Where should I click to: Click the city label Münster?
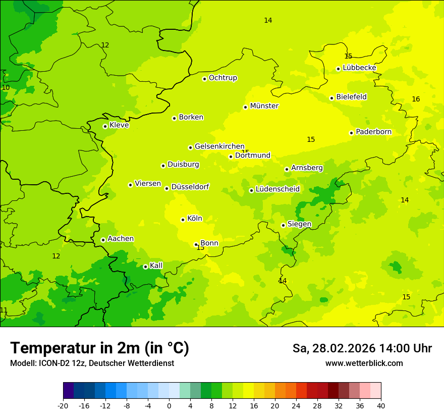264,106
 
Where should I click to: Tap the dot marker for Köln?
183,220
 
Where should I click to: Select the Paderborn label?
373,132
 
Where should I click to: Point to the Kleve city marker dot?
105,126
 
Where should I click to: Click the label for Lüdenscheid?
277,189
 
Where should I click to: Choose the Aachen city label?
121,239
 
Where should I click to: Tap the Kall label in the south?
156,266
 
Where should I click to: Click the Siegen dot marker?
283,225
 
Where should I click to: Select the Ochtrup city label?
223,78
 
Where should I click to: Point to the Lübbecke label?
359,68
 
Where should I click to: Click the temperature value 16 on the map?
416,99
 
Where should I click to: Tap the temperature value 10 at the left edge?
6,88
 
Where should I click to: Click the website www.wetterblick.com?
364,363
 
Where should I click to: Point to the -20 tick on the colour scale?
63,405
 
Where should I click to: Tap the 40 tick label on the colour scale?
381,405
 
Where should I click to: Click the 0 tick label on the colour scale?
169,405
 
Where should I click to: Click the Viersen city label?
147,184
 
